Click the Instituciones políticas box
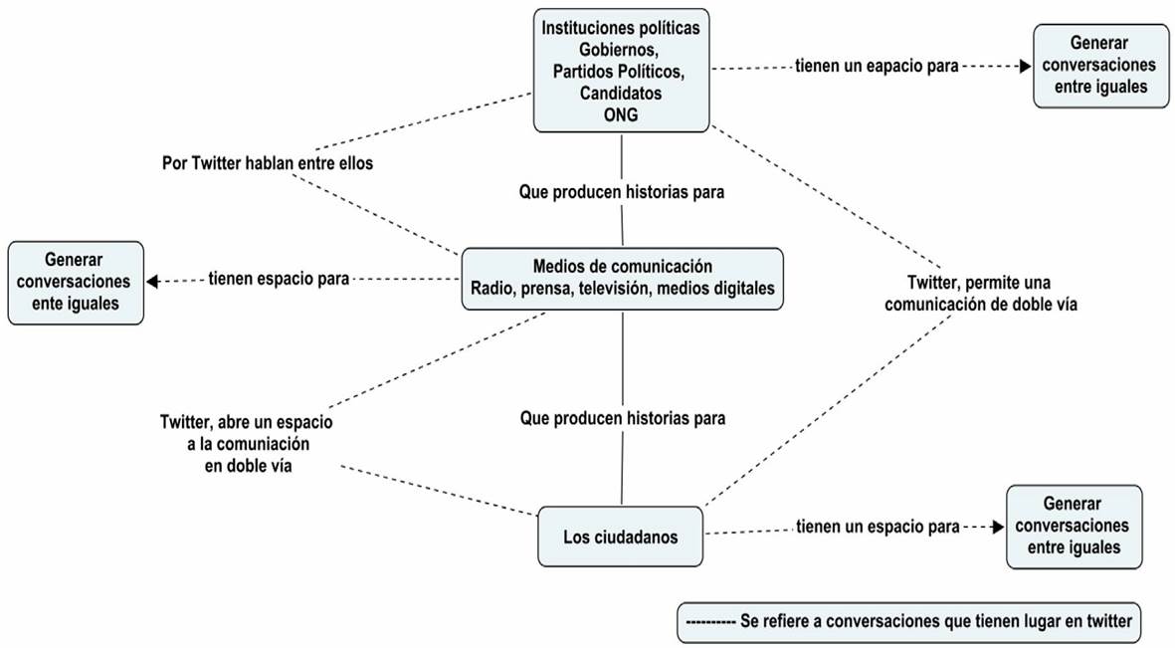[622, 70]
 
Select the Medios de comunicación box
[623, 278]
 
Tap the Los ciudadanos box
[620, 538]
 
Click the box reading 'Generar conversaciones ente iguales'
[76, 282]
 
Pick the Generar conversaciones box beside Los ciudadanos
[1074, 527]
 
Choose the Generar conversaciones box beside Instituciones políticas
[1100, 66]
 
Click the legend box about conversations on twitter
[908, 622]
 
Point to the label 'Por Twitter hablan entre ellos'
[268, 163]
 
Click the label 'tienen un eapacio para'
[876, 67]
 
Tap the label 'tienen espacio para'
[279, 280]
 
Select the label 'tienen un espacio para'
[878, 528]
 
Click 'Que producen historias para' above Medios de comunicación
[621, 191]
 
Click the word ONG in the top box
[621, 114]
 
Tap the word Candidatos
[621, 93]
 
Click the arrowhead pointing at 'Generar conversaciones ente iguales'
[152, 281]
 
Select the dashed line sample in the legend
[710, 622]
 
